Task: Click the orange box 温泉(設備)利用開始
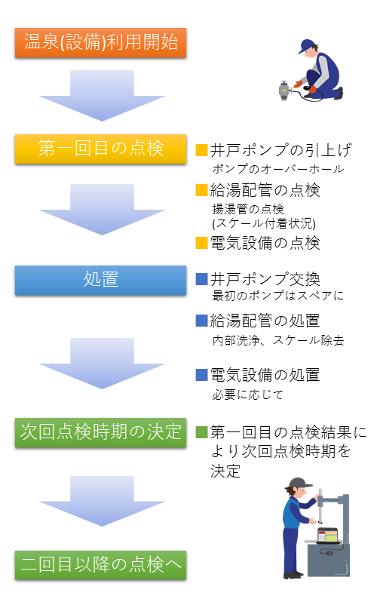click(x=101, y=43)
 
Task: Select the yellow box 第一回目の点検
click(x=101, y=149)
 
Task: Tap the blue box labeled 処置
click(x=101, y=280)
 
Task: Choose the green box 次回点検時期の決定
click(x=101, y=432)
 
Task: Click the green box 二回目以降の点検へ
click(x=101, y=565)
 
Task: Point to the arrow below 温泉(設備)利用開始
click(x=102, y=95)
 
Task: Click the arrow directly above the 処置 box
click(x=102, y=210)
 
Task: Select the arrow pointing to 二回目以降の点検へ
click(x=102, y=501)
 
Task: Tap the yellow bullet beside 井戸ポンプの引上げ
click(x=202, y=150)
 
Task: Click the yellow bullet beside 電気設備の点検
click(x=202, y=243)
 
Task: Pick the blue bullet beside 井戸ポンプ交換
click(x=202, y=279)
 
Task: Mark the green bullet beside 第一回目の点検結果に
click(x=202, y=432)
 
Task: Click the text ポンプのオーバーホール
click(x=277, y=169)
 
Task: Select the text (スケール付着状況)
click(x=264, y=223)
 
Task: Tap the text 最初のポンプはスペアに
click(x=277, y=296)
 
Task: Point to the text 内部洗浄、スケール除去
click(x=277, y=340)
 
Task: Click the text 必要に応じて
click(x=247, y=395)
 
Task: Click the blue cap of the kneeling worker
click(x=305, y=46)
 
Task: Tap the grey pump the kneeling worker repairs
click(x=285, y=91)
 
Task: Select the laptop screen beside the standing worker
click(x=327, y=536)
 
